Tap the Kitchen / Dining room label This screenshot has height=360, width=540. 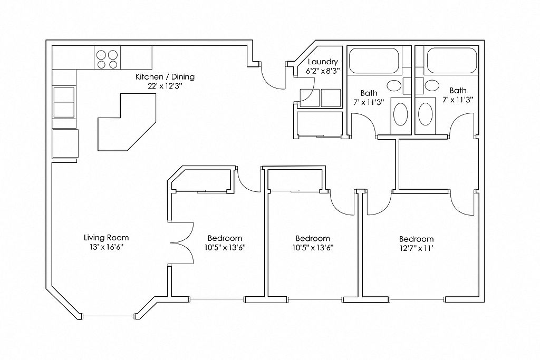[x=165, y=77]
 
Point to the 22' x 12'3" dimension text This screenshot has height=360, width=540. [x=165, y=86]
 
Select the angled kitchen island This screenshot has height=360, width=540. [x=127, y=123]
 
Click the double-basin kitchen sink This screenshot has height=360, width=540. [x=64, y=102]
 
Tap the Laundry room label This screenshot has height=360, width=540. [x=323, y=62]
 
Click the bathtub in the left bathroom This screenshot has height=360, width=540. [x=373, y=61]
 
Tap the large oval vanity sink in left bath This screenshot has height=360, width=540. [x=401, y=113]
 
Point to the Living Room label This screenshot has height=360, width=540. [x=107, y=238]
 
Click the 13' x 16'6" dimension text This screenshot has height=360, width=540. [x=107, y=247]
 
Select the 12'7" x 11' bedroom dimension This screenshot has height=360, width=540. [x=416, y=248]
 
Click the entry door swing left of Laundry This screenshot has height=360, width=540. [x=274, y=76]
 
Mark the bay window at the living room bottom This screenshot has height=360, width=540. [x=110, y=316]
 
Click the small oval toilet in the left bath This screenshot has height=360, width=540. [x=393, y=85]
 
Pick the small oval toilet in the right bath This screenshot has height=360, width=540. [x=432, y=85]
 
